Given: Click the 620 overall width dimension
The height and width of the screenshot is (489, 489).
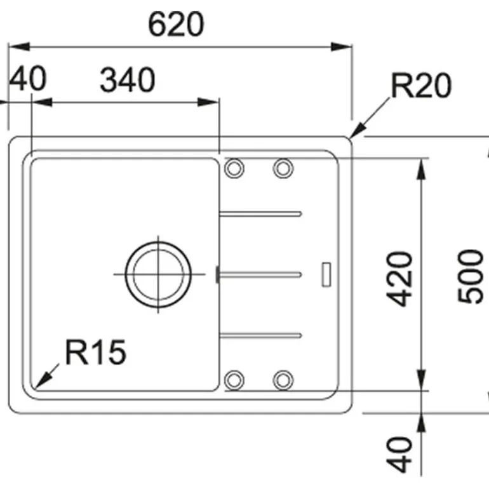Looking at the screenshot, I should click(x=176, y=23).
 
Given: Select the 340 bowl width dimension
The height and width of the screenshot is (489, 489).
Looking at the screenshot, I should click(x=128, y=81).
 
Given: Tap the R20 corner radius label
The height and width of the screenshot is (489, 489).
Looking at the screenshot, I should click(x=420, y=86).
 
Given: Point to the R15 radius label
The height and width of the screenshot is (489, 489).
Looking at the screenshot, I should click(x=96, y=352).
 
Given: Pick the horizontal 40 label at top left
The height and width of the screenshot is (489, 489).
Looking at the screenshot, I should click(x=29, y=81).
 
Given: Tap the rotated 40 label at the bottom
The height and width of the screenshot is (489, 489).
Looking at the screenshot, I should click(x=401, y=453).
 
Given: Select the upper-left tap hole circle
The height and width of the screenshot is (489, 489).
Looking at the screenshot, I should click(x=234, y=168).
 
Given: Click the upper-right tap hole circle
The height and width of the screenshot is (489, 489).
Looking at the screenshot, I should click(x=283, y=168).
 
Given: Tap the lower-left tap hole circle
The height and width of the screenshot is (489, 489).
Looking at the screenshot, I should click(x=234, y=379).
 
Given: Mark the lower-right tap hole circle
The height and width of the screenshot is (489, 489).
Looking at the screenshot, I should click(x=283, y=379).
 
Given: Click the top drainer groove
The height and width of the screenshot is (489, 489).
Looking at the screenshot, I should click(x=260, y=213).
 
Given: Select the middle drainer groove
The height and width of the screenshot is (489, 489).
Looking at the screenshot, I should click(x=260, y=274).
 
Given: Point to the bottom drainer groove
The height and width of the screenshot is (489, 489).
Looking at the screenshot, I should click(x=260, y=335).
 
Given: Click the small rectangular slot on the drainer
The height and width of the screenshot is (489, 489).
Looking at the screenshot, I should click(x=327, y=274).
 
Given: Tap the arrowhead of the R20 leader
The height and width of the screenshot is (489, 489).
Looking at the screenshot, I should click(x=356, y=131).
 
